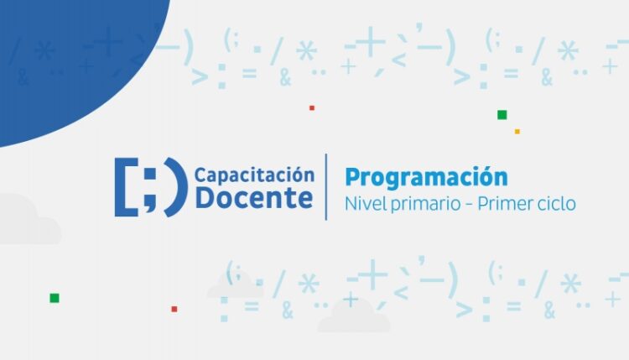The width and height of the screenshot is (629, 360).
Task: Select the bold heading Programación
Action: point(426,177)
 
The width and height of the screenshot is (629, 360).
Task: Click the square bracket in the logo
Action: point(124,186)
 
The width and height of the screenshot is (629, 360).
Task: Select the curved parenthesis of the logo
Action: point(174,186)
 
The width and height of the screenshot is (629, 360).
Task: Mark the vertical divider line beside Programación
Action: point(326,186)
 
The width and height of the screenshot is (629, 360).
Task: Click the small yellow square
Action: point(517,131)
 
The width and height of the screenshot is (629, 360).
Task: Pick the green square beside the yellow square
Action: point(502,115)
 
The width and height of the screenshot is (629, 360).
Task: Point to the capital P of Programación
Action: point(353,178)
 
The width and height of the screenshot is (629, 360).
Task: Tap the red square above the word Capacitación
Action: point(311,107)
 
